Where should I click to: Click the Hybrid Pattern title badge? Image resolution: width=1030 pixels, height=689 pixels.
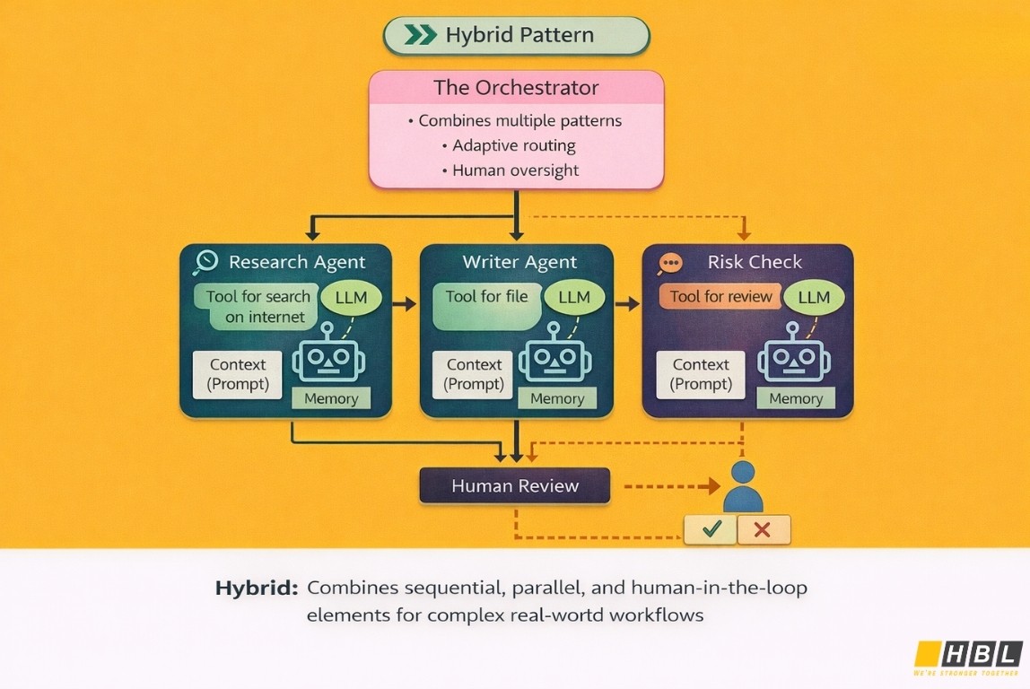pyautogui.click(x=516, y=36)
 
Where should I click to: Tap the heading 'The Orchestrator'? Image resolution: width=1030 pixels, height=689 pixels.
pyautogui.click(x=516, y=88)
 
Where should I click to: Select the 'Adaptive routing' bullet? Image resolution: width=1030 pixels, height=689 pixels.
pyautogui.click(x=514, y=145)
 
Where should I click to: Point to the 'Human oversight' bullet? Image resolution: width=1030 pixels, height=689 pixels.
pyautogui.click(x=516, y=170)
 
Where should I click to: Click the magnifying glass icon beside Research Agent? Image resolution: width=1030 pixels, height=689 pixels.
pyautogui.click(x=206, y=262)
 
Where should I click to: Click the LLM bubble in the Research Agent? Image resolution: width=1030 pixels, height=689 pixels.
pyautogui.click(x=350, y=298)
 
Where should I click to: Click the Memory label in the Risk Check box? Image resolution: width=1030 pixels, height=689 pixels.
pyautogui.click(x=795, y=399)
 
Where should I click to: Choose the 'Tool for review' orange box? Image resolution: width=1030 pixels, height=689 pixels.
pyautogui.click(x=720, y=297)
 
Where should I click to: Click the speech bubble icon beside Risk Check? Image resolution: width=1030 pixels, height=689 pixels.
pyautogui.click(x=670, y=263)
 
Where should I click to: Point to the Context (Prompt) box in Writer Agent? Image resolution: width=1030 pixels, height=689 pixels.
pyautogui.click(x=474, y=374)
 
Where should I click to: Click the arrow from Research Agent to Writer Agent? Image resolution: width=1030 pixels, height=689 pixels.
pyautogui.click(x=405, y=304)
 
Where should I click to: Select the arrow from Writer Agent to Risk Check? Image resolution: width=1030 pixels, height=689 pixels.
pyautogui.click(x=627, y=304)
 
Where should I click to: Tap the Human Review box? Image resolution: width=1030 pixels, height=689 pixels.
pyautogui.click(x=515, y=486)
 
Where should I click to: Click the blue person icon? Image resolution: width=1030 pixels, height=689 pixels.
pyautogui.click(x=743, y=489)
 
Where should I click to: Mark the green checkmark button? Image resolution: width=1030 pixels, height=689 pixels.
pyautogui.click(x=711, y=530)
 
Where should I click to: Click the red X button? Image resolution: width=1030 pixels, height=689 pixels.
pyautogui.click(x=764, y=530)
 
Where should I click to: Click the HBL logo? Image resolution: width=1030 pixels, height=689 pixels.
pyautogui.click(x=967, y=655)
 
